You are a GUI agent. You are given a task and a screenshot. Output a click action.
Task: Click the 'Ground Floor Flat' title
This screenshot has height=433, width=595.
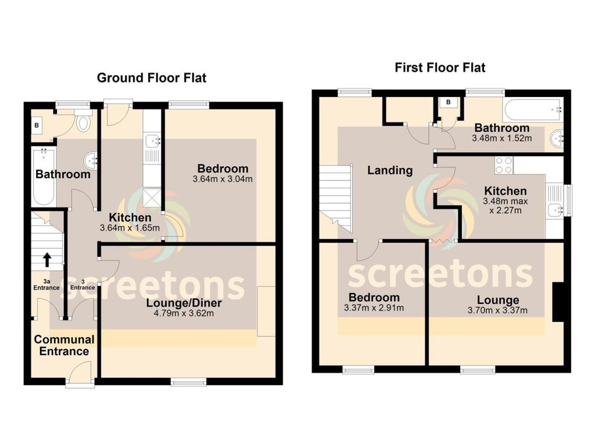pos(151,77)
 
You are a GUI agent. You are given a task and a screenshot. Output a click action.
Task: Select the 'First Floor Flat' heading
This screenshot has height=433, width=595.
pos(440,67)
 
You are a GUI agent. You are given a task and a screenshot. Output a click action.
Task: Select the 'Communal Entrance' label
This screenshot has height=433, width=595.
pos(64,345)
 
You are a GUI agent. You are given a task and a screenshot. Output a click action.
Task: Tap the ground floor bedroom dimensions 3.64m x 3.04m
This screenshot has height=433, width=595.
pos(223,179)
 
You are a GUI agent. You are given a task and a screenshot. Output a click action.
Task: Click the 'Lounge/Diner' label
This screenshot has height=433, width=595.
pos(184,303)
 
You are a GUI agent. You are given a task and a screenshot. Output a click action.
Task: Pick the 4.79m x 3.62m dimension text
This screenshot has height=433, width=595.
pos(184,314)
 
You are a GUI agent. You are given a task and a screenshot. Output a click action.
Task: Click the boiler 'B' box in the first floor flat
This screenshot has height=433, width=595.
pos(449,103)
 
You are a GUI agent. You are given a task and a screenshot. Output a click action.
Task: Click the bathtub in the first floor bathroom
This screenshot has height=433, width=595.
pos(533,109)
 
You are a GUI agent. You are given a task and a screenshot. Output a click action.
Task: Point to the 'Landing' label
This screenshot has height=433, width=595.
pos(390,171)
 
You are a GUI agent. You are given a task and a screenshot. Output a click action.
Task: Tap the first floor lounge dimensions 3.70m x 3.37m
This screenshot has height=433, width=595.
pos(498,310)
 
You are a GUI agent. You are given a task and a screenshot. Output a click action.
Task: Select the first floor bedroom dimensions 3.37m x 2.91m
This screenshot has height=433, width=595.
pos(374,308)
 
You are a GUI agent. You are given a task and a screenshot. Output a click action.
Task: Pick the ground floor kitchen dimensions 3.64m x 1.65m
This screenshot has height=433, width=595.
pos(130,228)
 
